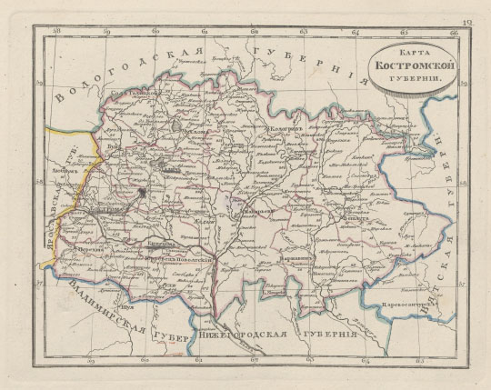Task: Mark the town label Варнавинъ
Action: (x=293, y=257)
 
